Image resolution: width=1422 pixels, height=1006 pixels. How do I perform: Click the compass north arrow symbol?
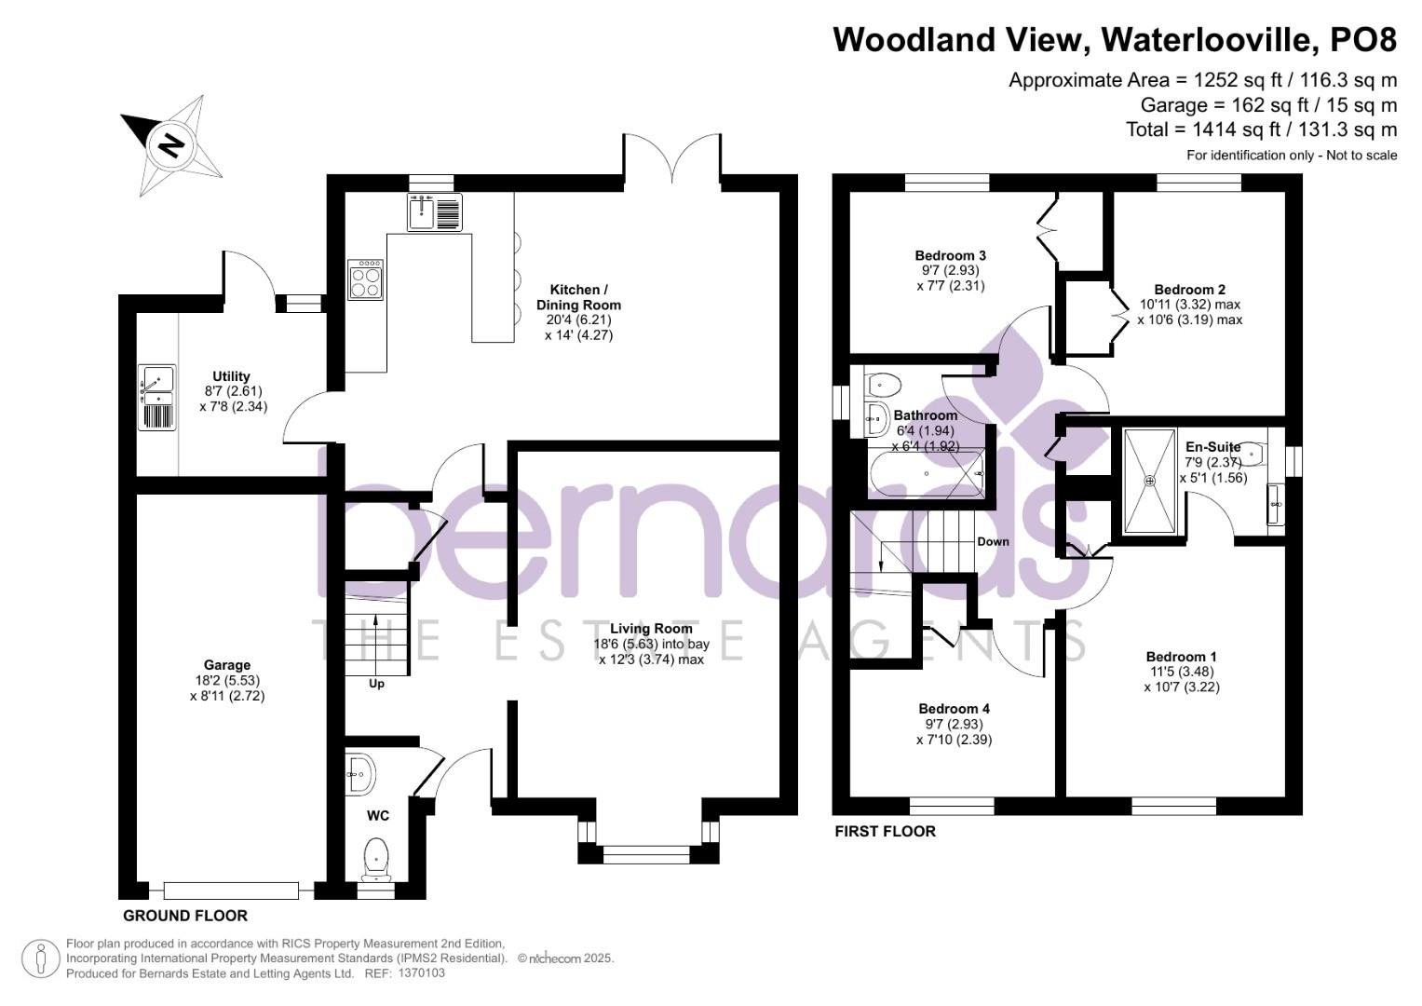click(170, 143)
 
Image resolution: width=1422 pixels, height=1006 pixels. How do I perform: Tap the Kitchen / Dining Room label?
click(578, 297)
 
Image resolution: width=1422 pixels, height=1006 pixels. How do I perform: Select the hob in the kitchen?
click(366, 279)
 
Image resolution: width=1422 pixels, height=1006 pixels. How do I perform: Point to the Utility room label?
click(231, 376)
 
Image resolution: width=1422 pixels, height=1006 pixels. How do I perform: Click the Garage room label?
click(227, 665)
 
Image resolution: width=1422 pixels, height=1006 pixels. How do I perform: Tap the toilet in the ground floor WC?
click(376, 855)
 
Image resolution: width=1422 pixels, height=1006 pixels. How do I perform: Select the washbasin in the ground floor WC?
click(359, 774)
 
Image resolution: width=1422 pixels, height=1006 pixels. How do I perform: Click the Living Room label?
click(651, 629)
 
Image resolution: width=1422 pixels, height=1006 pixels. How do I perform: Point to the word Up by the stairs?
click(376, 684)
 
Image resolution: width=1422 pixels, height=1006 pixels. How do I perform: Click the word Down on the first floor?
click(993, 541)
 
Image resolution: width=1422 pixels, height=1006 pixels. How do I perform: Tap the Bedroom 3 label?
click(950, 255)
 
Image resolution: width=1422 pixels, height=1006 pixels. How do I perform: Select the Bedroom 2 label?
click(1189, 290)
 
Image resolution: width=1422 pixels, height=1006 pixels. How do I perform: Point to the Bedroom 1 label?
click(1181, 656)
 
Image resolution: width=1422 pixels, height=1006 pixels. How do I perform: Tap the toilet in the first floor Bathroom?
click(883, 384)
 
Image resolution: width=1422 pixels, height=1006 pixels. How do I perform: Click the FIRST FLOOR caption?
click(885, 831)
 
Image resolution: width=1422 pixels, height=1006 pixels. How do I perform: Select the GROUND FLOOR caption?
click(185, 916)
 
